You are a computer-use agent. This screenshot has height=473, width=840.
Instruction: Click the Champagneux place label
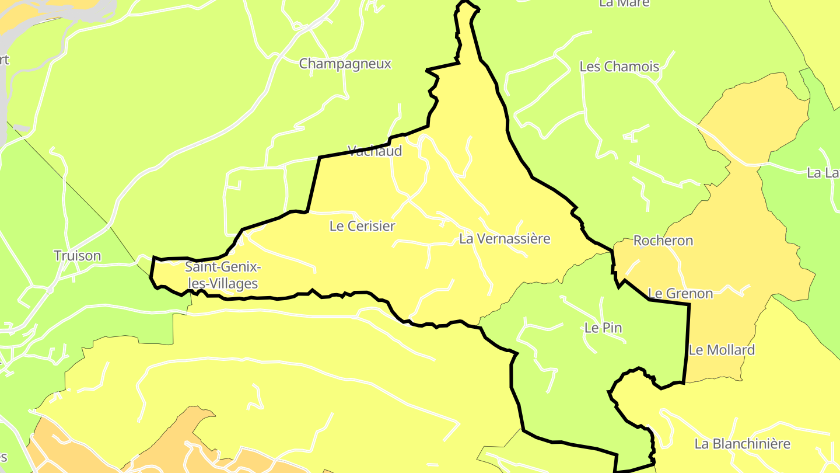(345, 64)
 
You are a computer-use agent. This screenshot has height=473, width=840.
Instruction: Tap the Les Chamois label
(619, 67)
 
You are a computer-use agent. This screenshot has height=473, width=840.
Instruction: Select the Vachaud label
(374, 151)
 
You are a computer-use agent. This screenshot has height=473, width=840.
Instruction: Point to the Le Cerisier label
(362, 226)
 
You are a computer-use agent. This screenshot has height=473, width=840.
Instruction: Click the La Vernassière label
(505, 239)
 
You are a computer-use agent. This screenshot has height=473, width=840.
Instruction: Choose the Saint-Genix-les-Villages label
(222, 276)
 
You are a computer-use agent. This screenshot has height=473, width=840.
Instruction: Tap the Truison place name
(77, 256)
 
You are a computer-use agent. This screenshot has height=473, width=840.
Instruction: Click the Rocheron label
(663, 241)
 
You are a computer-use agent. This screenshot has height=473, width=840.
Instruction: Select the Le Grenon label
(680, 293)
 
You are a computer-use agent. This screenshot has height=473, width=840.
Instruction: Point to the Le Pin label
(603, 328)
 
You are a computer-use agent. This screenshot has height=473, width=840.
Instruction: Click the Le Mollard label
(722, 350)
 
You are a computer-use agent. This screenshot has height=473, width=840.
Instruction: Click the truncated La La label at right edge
(822, 173)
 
